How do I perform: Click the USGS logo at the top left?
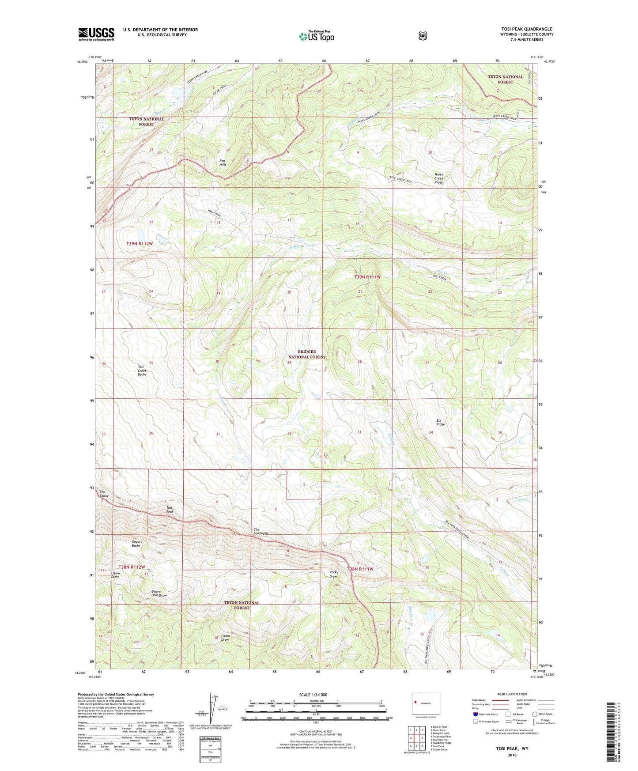coord(96,34)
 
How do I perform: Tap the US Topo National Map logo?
coord(316,36)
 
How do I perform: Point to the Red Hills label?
coord(223,163)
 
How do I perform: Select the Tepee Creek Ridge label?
coord(438,178)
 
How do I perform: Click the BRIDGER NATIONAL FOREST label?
coord(307,354)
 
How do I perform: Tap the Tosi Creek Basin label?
coord(142,370)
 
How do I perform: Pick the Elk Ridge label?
coord(440,422)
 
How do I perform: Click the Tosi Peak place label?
coord(170,510)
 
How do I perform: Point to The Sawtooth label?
coord(260,531)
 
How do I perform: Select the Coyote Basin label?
coord(136,543)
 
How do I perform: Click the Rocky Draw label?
coord(334,574)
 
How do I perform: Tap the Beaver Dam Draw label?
coord(159,593)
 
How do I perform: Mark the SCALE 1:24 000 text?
coord(313,695)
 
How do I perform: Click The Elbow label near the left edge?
coord(104,494)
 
